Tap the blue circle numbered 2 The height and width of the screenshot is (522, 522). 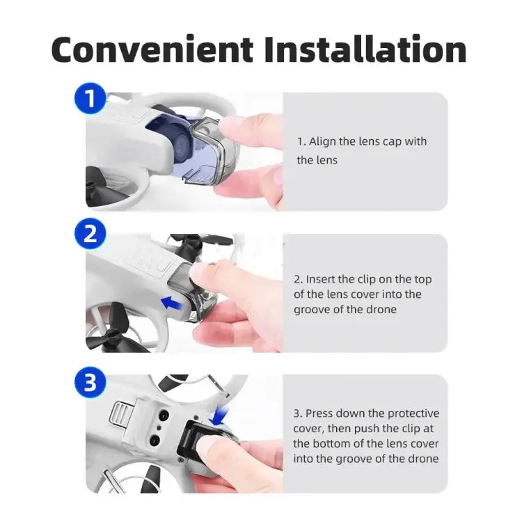pos(90,234)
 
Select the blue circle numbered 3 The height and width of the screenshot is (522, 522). pos(90,382)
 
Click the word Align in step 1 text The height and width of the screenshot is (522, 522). pos(323,141)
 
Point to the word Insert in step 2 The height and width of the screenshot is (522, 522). pos(322,279)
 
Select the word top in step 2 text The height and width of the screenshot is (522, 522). pos(420,279)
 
